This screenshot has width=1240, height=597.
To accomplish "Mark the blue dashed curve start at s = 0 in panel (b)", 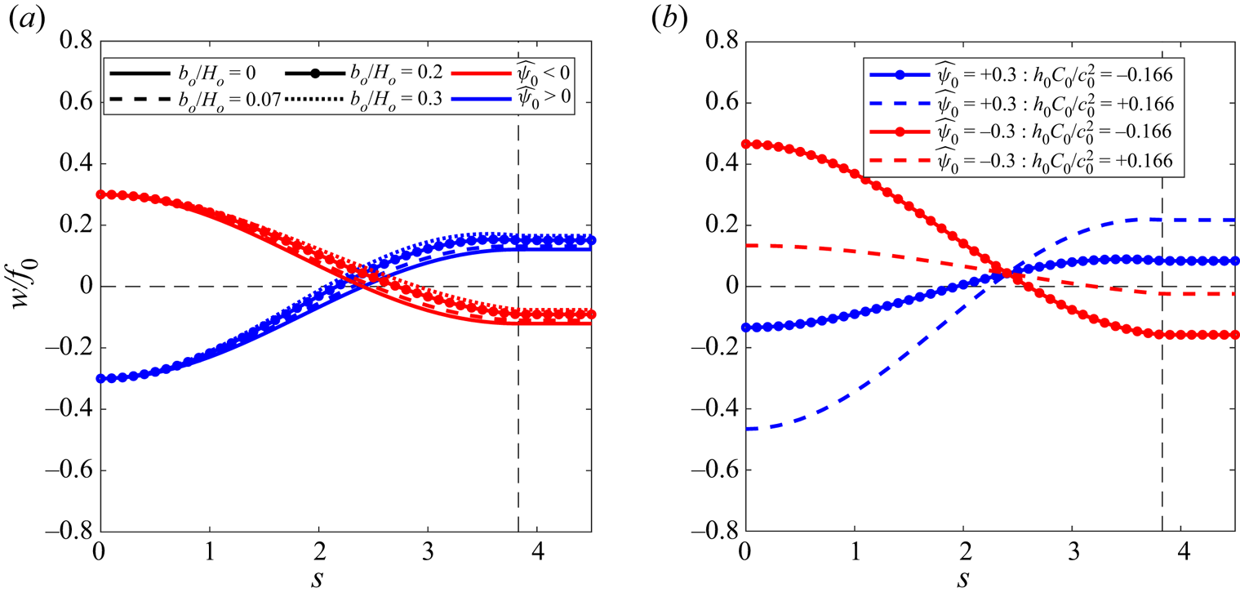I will click(744, 429).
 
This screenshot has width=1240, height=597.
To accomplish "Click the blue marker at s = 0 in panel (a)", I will click(100, 378).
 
